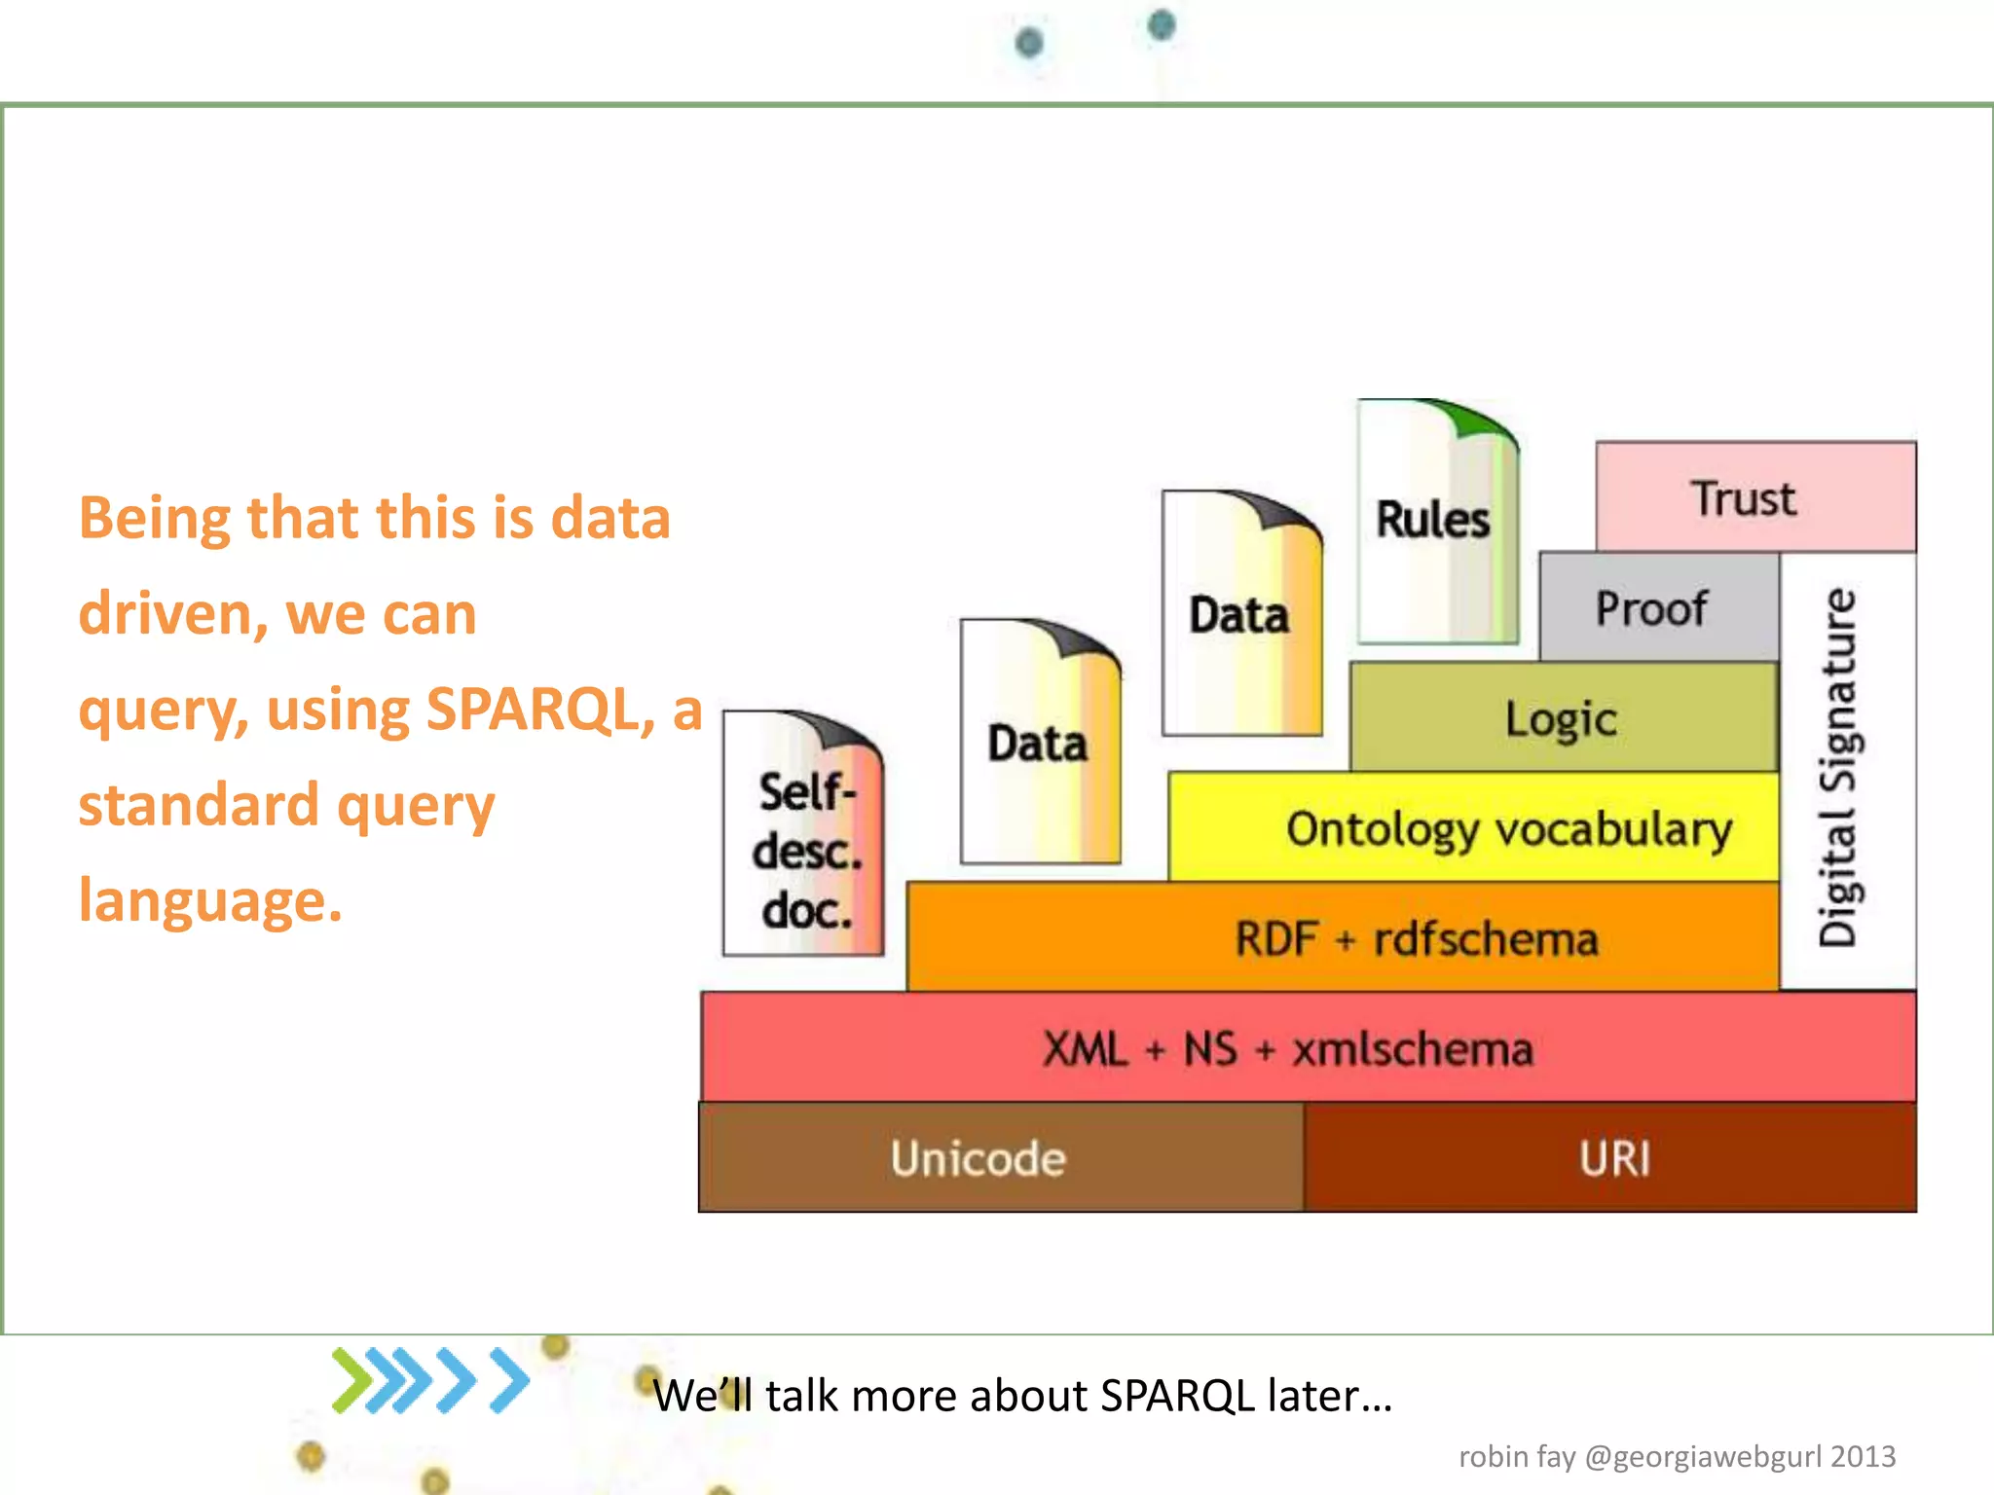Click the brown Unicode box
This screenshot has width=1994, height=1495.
pyautogui.click(x=979, y=1158)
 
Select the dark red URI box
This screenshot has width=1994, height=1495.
pyautogui.click(x=1613, y=1158)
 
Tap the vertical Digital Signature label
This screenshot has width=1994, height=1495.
pyautogui.click(x=1838, y=768)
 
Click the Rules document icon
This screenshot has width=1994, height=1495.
pyautogui.click(x=1435, y=522)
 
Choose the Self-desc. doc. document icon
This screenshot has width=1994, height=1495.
pyautogui.click(x=804, y=837)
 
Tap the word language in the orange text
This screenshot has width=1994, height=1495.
pyautogui.click(x=210, y=900)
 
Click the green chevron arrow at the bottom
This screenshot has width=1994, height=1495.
pyautogui.click(x=352, y=1380)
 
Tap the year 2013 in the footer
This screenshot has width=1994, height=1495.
pyautogui.click(x=1863, y=1456)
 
